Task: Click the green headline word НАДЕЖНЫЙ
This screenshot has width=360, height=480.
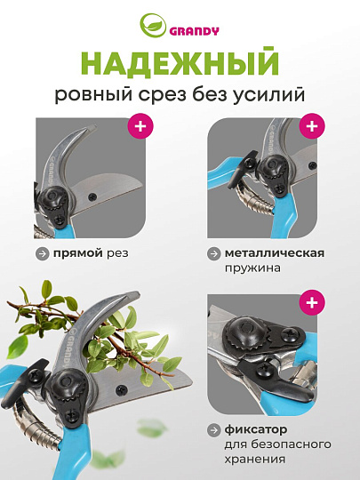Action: (x=180, y=64)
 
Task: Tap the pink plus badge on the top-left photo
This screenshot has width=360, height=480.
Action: (x=140, y=126)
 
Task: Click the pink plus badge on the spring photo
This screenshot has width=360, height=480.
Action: (x=310, y=126)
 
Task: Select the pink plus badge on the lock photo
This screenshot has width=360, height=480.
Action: (x=310, y=304)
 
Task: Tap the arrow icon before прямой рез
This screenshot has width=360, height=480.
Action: (x=42, y=253)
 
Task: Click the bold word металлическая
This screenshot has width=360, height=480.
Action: (x=275, y=252)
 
